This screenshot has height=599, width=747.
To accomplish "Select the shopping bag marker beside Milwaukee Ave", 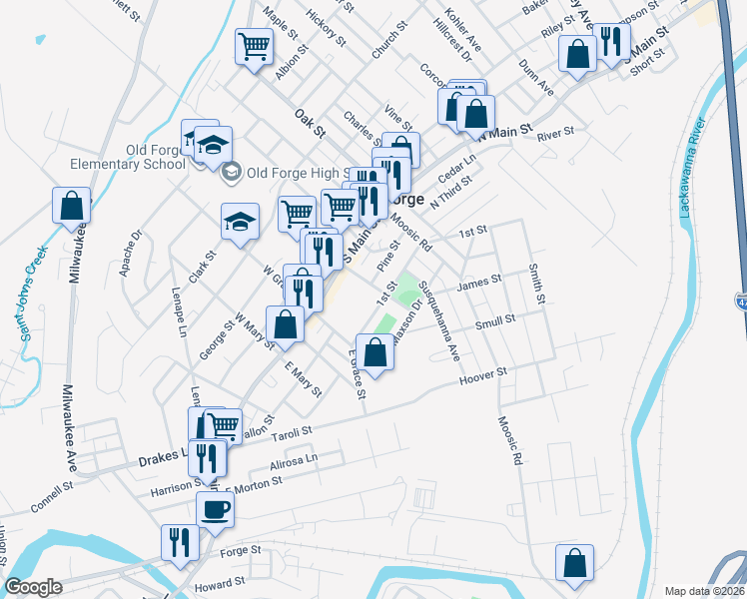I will (72, 207).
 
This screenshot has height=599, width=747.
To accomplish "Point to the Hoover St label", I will (484, 376).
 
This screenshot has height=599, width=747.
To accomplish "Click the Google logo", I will (33, 587).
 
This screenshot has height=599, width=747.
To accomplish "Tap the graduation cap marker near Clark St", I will (240, 223).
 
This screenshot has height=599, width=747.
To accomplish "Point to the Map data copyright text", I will (704, 591).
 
